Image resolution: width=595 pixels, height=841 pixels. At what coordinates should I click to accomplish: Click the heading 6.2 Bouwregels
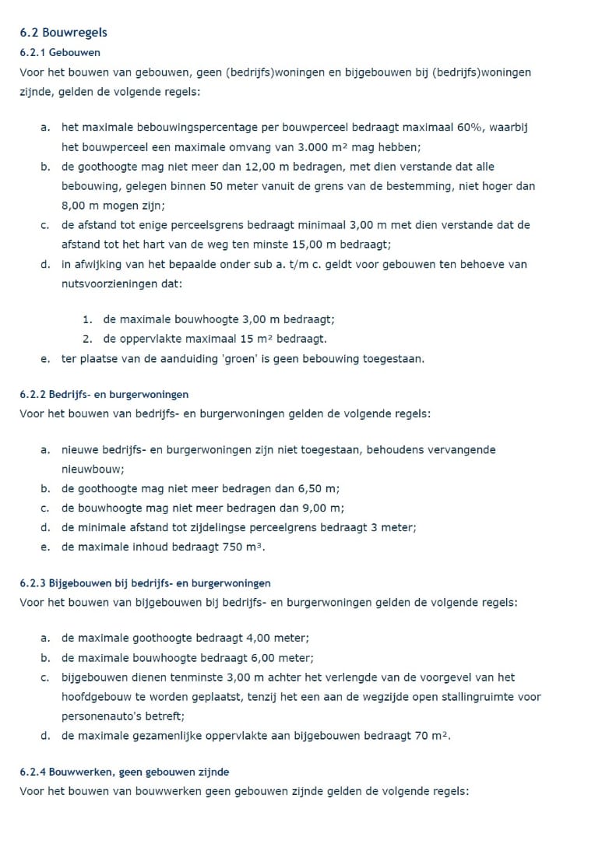(x=63, y=33)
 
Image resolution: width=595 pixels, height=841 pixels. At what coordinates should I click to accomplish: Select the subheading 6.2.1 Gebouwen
(x=60, y=52)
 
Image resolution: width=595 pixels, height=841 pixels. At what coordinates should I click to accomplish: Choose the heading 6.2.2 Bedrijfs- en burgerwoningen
(x=104, y=395)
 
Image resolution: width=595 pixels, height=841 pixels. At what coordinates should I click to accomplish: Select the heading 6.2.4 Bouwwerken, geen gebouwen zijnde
(x=125, y=772)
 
